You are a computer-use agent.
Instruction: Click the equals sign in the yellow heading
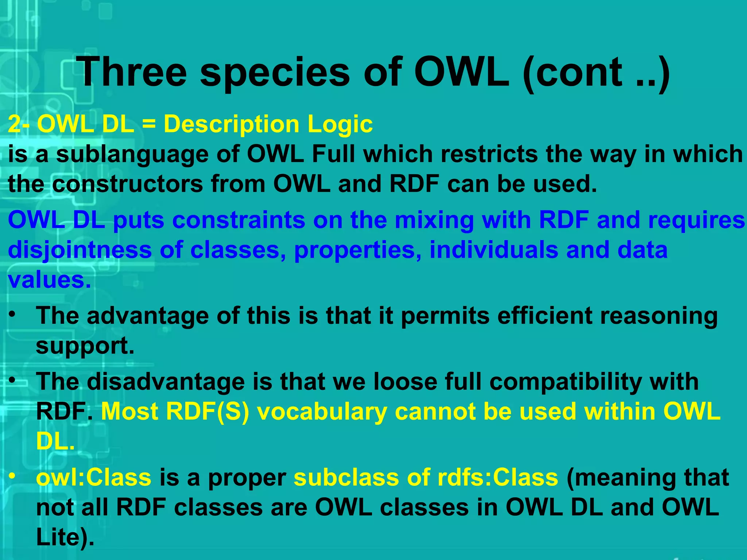pyautogui.click(x=148, y=124)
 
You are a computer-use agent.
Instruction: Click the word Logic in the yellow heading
pyautogui.click(x=340, y=125)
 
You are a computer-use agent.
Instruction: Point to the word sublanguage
pyautogui.click(x=132, y=155)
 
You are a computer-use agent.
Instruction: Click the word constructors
pyautogui.click(x=127, y=184)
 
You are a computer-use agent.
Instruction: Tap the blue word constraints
pyautogui.click(x=239, y=221)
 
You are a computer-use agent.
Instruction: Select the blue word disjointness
pyautogui.click(x=80, y=251)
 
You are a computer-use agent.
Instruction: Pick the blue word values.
pyautogui.click(x=49, y=280)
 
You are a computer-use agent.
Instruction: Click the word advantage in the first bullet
pyautogui.click(x=148, y=316)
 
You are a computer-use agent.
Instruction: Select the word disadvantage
pyautogui.click(x=166, y=382)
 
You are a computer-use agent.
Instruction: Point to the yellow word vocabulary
pyautogui.click(x=322, y=412)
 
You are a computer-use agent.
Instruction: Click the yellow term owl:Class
pyautogui.click(x=94, y=478)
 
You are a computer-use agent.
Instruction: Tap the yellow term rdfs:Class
pyautogui.click(x=498, y=478)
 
